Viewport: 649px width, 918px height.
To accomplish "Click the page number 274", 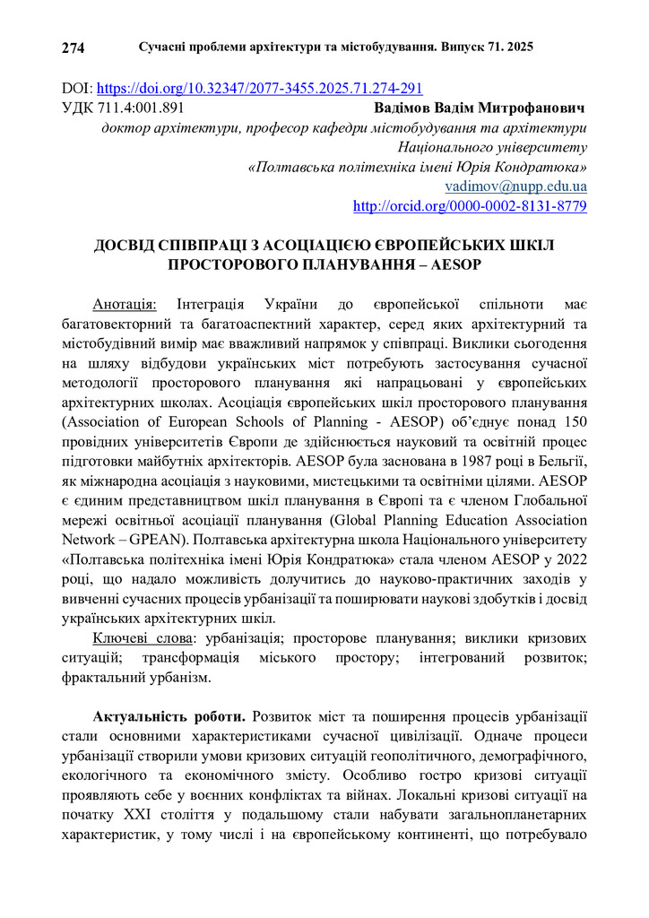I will pos(73,48).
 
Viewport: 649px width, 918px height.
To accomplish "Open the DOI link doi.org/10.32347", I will pos(259,89).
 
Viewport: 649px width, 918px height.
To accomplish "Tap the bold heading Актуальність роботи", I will pos(169,717).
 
